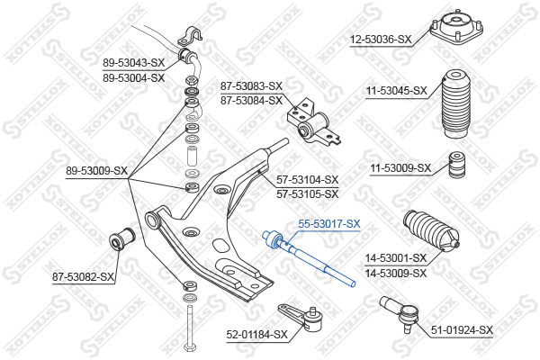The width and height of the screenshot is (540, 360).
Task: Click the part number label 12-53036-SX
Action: (x=381, y=39)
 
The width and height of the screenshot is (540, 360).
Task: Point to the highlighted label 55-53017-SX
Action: (x=328, y=223)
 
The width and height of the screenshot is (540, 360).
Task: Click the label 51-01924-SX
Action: (x=462, y=330)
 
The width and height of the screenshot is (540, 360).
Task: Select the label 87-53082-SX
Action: (x=83, y=276)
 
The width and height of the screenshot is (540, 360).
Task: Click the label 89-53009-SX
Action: (x=96, y=170)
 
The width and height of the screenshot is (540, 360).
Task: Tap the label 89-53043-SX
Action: (x=133, y=63)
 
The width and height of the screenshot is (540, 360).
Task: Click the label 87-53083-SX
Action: (x=251, y=85)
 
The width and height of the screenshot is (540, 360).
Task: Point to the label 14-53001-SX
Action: (x=395, y=258)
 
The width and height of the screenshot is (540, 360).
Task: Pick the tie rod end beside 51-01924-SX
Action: (x=396, y=311)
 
